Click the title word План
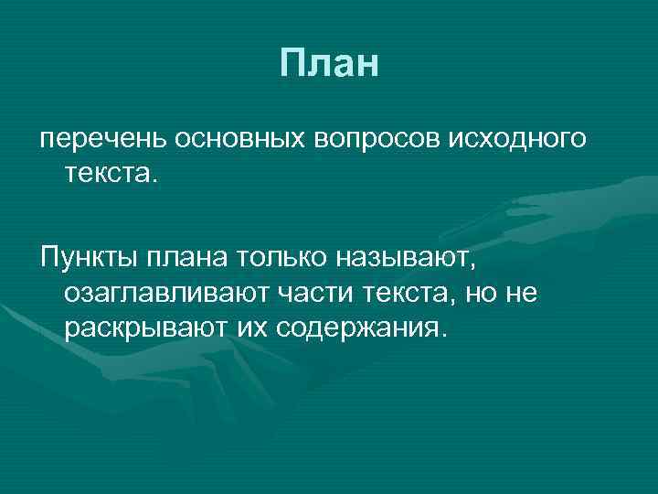(x=329, y=63)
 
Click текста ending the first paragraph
(x=109, y=171)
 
